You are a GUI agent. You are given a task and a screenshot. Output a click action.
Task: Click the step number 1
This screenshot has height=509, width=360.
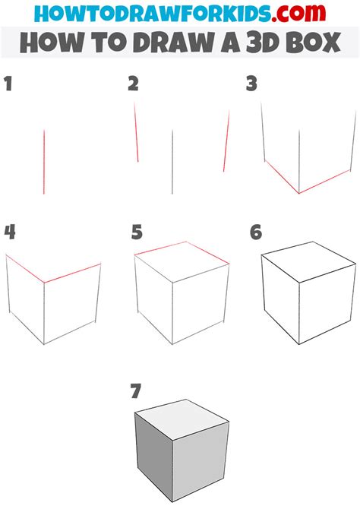point(8,84)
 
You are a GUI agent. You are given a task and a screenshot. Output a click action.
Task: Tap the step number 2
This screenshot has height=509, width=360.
point(134,84)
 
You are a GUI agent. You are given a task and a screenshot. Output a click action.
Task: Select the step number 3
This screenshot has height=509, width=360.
point(251,84)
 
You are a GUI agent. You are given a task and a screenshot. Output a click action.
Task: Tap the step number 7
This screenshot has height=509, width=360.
point(136,391)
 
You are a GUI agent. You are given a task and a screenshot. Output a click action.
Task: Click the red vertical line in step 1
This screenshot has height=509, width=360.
point(44,161)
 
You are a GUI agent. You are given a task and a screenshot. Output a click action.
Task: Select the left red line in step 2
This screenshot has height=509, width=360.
point(136,132)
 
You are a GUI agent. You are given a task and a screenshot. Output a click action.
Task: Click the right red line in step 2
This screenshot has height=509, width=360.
point(226,141)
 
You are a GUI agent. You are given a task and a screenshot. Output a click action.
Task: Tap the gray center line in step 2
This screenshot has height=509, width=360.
point(173,161)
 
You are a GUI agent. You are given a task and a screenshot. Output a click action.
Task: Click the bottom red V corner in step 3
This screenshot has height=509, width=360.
point(299,192)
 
